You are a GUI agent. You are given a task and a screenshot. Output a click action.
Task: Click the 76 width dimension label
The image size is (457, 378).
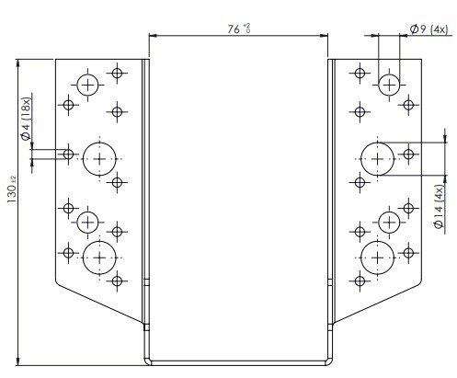pos(234,29)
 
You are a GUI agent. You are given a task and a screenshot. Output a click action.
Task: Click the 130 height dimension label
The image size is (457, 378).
pos(12,193)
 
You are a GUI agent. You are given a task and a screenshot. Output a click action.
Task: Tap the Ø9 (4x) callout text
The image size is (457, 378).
pos(428,29)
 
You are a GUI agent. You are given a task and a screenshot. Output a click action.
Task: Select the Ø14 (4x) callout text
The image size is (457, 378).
pos(440,207)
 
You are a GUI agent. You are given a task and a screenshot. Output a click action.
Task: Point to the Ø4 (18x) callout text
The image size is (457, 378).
pos(26,119)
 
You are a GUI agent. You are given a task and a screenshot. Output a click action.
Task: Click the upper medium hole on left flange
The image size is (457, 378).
pos(87,85)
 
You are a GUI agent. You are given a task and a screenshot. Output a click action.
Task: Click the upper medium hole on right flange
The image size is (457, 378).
pos(389,85)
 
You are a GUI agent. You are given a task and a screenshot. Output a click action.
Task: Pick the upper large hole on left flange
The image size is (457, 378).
pos(99,159)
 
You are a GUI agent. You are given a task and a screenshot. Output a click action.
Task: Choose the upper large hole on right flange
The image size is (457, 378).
pos(377,159)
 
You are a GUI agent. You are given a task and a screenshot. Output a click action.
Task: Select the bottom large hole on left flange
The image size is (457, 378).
pos(99,258)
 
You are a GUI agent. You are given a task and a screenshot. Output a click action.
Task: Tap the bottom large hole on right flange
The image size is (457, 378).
pos(377,258)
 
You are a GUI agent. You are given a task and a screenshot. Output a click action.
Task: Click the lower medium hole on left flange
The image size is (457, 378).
pos(87,223)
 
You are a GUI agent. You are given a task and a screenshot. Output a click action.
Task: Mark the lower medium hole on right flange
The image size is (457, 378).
pos(389,223)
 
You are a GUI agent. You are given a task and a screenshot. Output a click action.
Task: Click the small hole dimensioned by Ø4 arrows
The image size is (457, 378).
pos(68,154)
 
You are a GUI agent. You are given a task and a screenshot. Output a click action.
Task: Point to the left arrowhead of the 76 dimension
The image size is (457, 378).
pos(153,36)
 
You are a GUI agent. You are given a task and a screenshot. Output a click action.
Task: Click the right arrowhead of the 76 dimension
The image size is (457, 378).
pos(324,36)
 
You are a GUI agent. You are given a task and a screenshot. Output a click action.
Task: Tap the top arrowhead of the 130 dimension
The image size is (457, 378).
pos(17,63)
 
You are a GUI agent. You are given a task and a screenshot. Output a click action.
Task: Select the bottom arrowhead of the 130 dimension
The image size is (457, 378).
pos(17,361)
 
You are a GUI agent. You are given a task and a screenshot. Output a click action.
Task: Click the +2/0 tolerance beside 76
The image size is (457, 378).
pos(246,28)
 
